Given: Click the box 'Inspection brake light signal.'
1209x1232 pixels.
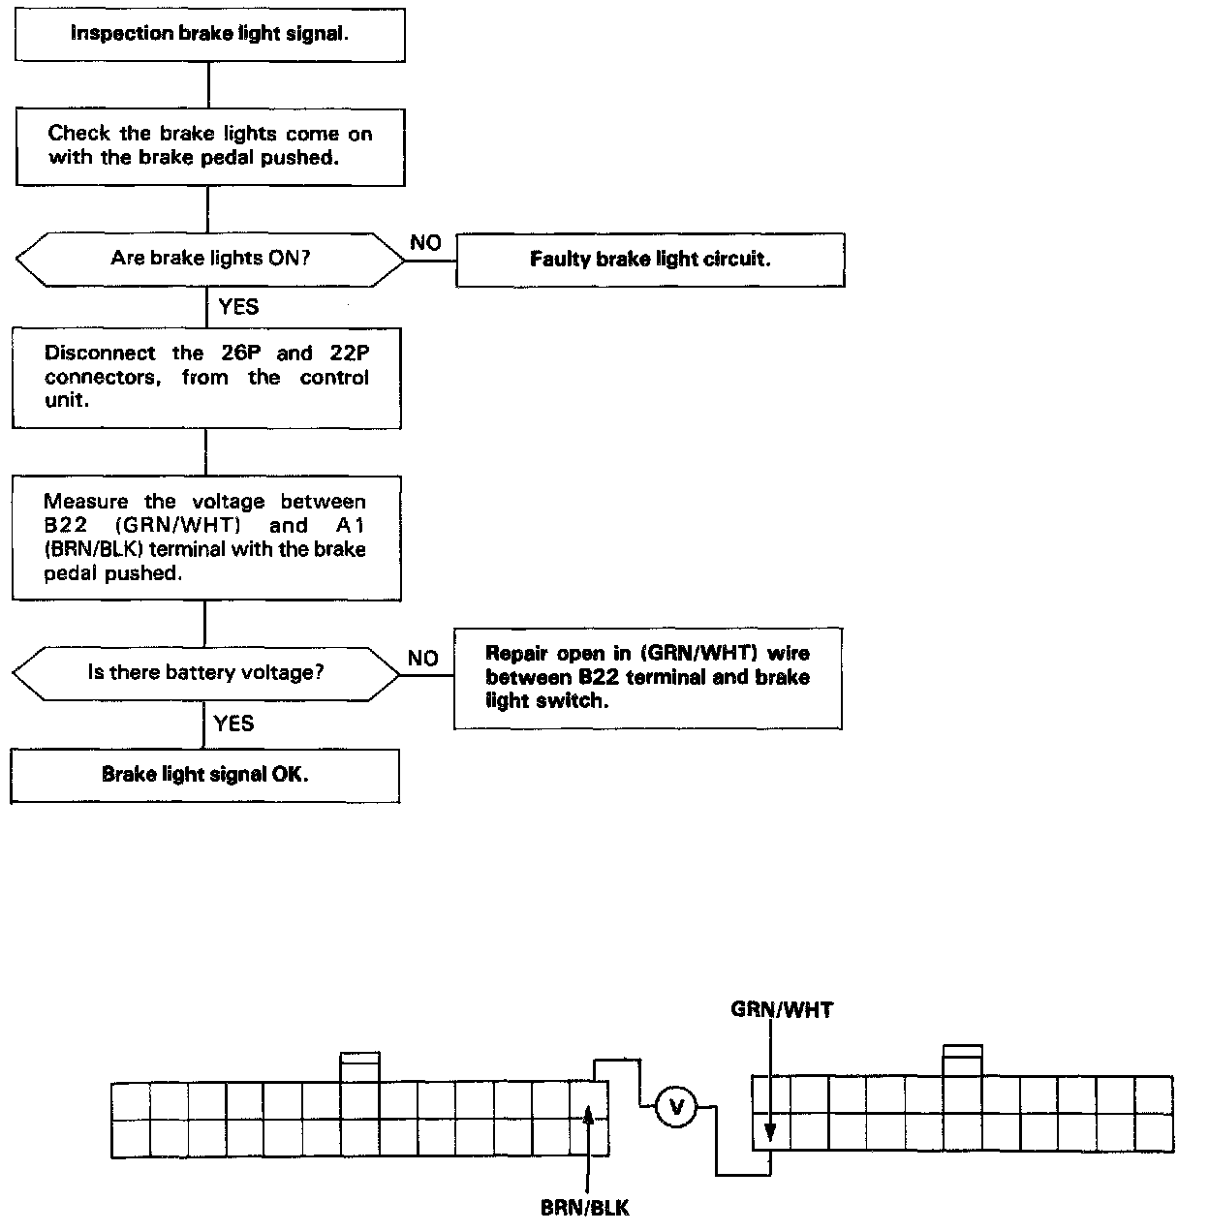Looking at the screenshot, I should [x=209, y=35].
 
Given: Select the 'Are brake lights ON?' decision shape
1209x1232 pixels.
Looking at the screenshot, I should [x=209, y=259].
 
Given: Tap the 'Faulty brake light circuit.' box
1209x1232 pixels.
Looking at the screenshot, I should [x=650, y=260].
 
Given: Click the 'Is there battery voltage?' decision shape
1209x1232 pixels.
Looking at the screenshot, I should [x=205, y=672].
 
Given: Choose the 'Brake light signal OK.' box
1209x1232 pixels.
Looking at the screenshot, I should [x=204, y=775].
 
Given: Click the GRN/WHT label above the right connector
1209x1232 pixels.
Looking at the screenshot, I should [x=781, y=1010].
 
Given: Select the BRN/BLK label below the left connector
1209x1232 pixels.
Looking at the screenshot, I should [x=584, y=1208].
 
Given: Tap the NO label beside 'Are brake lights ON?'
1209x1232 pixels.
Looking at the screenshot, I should [x=425, y=242].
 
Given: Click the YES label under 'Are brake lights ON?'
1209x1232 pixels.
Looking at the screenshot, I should [x=238, y=306].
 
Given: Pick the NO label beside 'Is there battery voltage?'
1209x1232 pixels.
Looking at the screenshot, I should [x=422, y=659].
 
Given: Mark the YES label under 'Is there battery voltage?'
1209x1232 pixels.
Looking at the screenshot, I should [x=233, y=724].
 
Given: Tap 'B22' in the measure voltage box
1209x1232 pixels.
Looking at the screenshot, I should [x=67, y=526].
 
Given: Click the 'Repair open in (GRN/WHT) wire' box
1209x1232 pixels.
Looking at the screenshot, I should [x=647, y=677].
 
